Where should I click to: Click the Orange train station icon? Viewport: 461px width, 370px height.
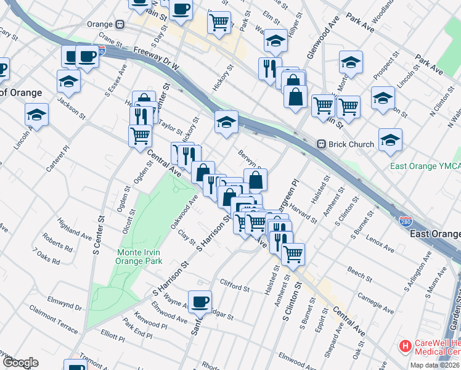(121, 25)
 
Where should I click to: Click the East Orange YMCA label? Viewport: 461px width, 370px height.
(425, 166)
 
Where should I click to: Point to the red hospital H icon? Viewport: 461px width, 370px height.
(405, 347)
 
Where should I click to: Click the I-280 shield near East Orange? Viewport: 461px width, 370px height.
(405, 221)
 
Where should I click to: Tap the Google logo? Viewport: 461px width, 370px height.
(20, 363)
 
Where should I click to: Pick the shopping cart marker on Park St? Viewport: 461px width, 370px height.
(219, 23)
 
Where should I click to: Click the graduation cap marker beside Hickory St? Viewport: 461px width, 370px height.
(226, 121)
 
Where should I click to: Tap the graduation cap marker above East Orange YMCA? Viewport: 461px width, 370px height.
(390, 139)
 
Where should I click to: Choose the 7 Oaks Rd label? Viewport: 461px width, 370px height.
(46, 257)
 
